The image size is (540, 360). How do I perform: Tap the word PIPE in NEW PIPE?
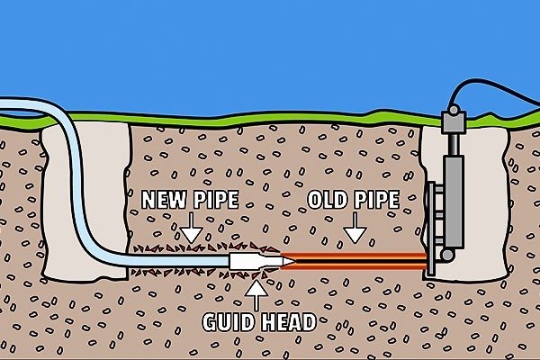218,199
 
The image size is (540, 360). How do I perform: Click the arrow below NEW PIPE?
192,231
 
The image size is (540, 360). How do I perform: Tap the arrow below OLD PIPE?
355,231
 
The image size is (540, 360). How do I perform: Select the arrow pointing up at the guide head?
256,290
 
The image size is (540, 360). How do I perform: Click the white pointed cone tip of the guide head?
287,261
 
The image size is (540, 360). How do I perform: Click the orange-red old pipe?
360,261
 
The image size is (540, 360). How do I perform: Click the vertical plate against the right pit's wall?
430,225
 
